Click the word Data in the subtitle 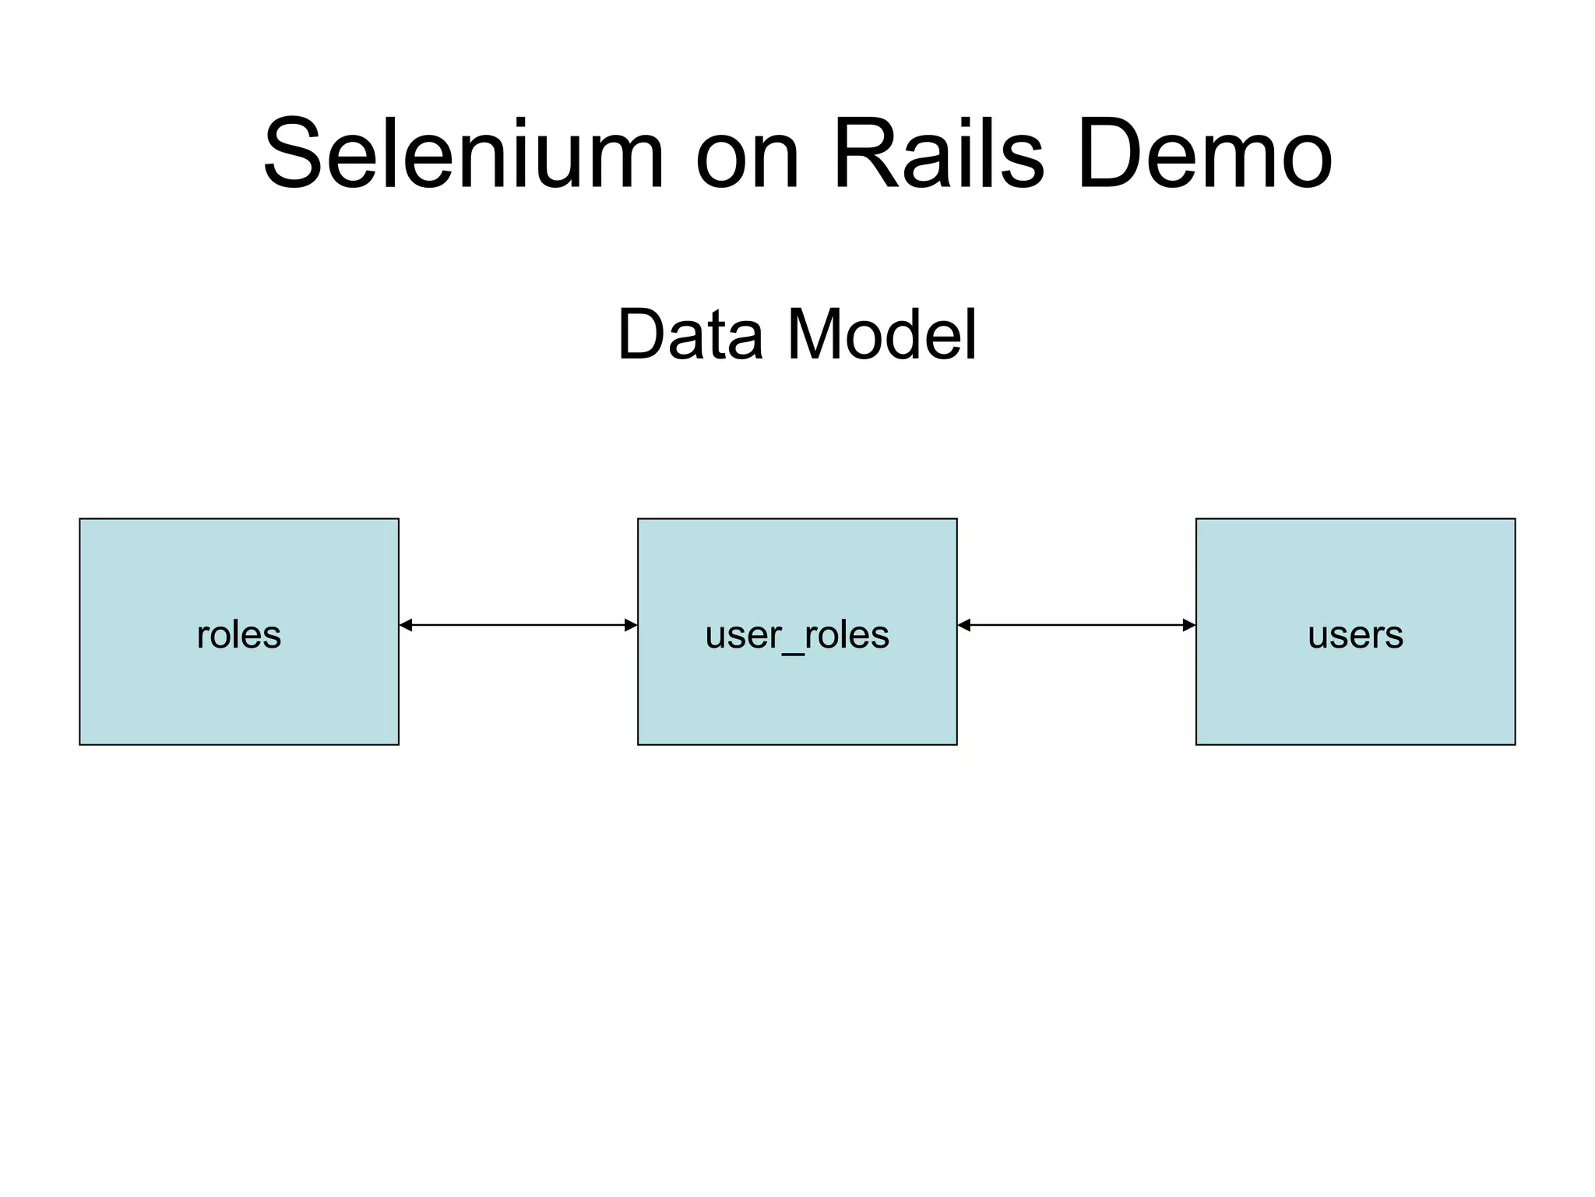[x=690, y=335]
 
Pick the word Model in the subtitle [x=882, y=335]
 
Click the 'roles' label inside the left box [x=238, y=634]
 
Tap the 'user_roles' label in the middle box [x=797, y=634]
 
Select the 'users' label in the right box [x=1355, y=634]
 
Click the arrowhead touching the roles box [x=406, y=625]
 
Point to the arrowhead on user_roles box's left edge [x=631, y=625]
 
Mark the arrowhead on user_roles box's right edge [x=964, y=625]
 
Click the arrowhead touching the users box [x=1189, y=625]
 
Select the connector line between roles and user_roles [x=518, y=625]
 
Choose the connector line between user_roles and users [x=1076, y=625]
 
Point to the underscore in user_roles [x=792, y=653]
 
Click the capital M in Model [x=819, y=335]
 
